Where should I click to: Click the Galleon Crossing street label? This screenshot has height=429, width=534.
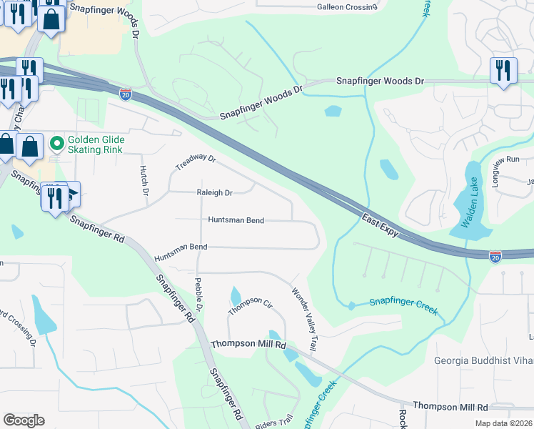point(346,7)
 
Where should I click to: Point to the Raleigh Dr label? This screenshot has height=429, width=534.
point(215,193)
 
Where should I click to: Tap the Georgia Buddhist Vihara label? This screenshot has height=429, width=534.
point(483,360)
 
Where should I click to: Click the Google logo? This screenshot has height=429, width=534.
point(24,420)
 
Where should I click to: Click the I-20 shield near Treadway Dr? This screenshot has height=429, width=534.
point(126,94)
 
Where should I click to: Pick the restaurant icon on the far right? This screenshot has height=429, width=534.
point(504,70)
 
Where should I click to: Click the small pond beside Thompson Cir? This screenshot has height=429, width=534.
point(236,295)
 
